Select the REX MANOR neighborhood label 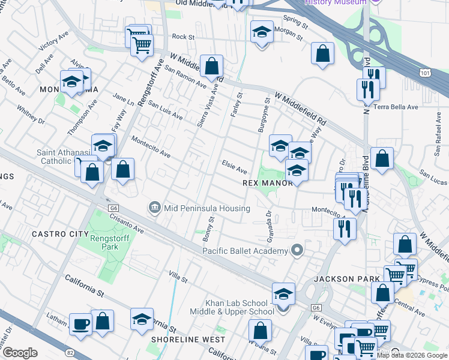tap(267, 183)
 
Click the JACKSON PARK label tap(347, 279)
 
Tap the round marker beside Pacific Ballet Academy tap(296, 250)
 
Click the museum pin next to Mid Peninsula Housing tap(154, 208)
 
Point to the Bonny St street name tap(209, 227)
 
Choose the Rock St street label tap(183, 37)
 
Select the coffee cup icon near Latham tap(80, 325)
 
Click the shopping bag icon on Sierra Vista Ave tap(212, 65)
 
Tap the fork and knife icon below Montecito tap(345, 229)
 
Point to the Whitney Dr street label tap(31, 113)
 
